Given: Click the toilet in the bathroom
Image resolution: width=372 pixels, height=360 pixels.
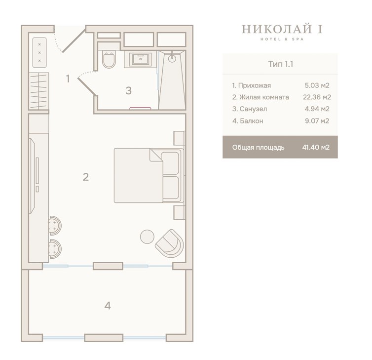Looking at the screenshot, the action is [109, 59].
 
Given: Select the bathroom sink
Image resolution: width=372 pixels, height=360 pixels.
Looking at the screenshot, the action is [141, 59].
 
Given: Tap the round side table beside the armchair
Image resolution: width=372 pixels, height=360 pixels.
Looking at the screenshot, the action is [147, 237].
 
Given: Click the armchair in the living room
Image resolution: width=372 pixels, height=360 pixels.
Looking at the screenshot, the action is [169, 243].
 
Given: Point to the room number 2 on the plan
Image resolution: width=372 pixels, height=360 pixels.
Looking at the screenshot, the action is [86, 177].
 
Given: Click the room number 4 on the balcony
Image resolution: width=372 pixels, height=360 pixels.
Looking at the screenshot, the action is [108, 306].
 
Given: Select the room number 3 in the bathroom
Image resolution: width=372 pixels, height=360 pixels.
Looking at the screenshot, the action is [128, 90].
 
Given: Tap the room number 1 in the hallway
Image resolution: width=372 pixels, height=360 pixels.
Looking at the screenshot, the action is [68, 79].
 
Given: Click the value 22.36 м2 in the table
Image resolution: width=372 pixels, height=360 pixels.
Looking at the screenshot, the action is [317, 97].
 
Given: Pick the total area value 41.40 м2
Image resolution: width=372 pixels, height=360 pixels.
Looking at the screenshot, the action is [316, 147].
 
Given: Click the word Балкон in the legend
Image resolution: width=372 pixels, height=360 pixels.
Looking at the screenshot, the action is [252, 121].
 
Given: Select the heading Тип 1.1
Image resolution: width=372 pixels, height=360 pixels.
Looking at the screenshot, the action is [280, 64].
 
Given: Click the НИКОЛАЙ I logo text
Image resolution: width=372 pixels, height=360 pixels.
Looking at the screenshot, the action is [282, 29].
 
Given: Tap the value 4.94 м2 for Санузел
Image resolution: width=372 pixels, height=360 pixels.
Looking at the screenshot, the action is [317, 109].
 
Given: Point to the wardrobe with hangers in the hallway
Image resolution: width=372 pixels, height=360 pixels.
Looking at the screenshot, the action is [38, 91].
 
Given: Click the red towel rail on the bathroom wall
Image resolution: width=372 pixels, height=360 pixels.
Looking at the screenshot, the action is [140, 108].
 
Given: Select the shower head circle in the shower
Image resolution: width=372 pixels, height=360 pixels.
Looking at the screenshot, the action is [172, 58].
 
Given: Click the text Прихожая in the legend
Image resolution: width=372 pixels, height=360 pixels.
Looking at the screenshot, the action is [254, 85].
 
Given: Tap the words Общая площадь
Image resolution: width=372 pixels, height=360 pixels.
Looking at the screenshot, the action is [258, 148].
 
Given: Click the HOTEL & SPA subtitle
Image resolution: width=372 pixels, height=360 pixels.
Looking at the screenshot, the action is [282, 39].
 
